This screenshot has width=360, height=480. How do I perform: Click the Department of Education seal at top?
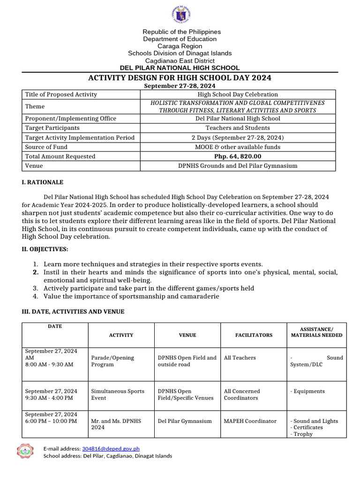click(x=180, y=15)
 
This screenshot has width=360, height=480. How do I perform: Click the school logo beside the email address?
click(x=25, y=452)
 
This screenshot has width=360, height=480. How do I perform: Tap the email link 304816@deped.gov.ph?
click(x=111, y=449)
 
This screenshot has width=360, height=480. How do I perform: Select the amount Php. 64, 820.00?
click(x=238, y=157)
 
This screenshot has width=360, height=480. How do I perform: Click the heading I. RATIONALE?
click(x=43, y=182)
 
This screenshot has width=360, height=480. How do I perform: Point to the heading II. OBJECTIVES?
click(x=45, y=249)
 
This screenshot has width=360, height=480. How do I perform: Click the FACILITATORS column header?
click(x=254, y=335)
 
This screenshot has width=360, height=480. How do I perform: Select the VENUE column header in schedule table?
click(x=187, y=335)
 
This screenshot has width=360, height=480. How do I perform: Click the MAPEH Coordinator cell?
click(x=250, y=421)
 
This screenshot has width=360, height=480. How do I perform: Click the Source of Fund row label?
click(x=46, y=147)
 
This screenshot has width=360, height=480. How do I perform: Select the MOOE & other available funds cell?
click(x=238, y=147)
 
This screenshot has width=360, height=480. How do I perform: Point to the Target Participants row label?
click(x=52, y=128)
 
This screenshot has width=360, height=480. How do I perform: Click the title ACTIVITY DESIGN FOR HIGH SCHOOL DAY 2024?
click(x=180, y=78)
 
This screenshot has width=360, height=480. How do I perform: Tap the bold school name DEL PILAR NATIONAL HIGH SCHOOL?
click(x=180, y=68)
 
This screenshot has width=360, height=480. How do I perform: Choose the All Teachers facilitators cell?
click(x=240, y=358)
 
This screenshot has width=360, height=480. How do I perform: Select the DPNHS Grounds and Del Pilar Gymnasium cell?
click(x=238, y=166)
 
